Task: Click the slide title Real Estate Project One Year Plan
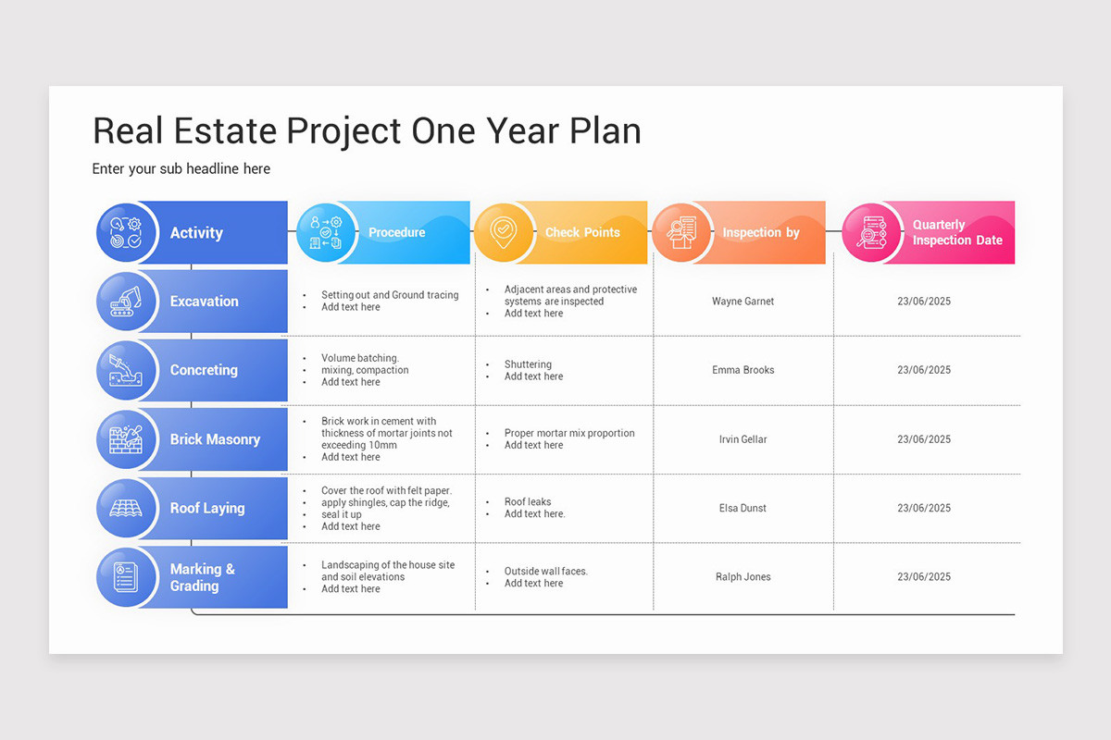(367, 130)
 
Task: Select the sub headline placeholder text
(181, 168)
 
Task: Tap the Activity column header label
(196, 233)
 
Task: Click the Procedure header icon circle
(327, 232)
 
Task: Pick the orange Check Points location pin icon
(504, 232)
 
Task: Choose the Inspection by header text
(760, 233)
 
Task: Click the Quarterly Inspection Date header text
(957, 232)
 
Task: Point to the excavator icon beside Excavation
(127, 302)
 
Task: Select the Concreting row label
(204, 370)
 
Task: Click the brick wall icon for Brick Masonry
(127, 439)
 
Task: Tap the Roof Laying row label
(207, 508)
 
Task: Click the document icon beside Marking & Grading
(126, 577)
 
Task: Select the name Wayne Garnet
(743, 302)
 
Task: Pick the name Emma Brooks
(743, 370)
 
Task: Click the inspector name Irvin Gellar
(743, 439)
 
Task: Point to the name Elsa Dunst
(743, 508)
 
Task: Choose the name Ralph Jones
(743, 577)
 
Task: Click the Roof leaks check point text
(528, 502)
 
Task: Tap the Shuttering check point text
(528, 364)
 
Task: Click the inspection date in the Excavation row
(923, 302)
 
